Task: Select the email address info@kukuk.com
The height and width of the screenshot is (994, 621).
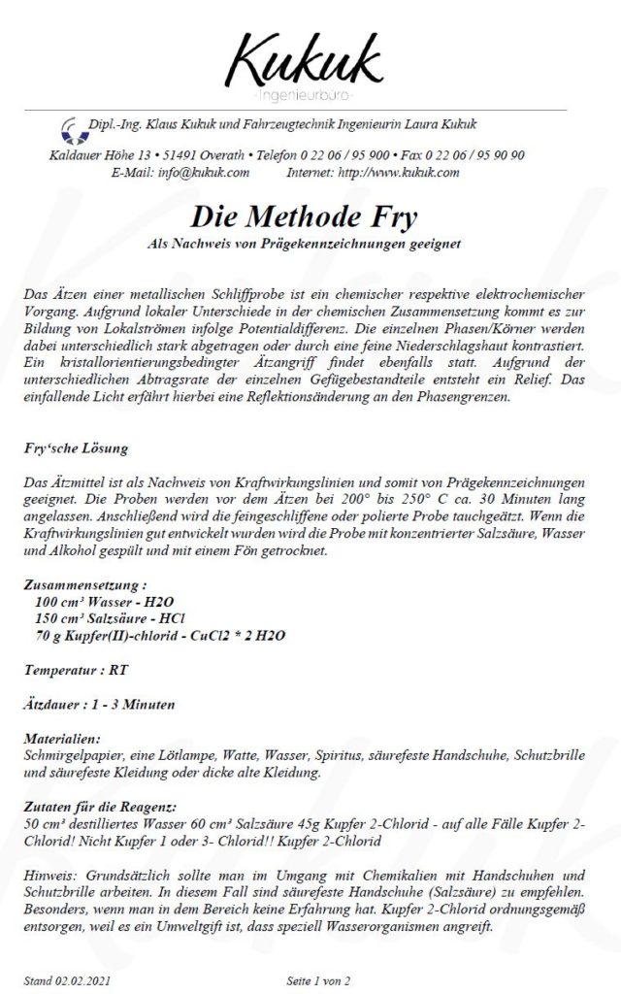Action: [203, 173]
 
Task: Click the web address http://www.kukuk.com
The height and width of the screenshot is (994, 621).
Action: [399, 173]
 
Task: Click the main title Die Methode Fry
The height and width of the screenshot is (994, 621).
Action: [310, 215]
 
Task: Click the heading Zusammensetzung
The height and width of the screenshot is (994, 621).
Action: [85, 586]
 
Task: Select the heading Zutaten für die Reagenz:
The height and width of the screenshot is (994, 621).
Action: [101, 807]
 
